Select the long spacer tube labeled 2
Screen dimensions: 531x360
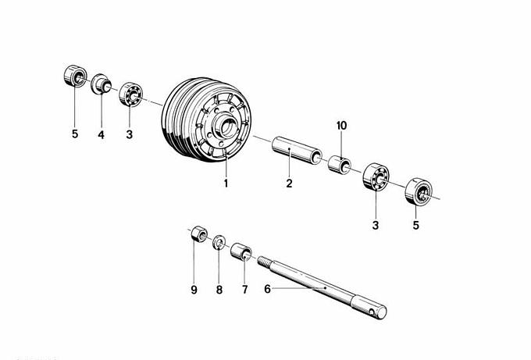pyautogui.click(x=297, y=151)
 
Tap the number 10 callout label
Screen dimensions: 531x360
pyautogui.click(x=342, y=126)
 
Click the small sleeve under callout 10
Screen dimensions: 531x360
pyautogui.click(x=340, y=164)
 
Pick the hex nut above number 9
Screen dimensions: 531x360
pyautogui.click(x=199, y=233)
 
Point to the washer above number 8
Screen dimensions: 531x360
pyautogui.click(x=219, y=241)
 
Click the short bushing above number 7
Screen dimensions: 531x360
pyautogui.click(x=241, y=251)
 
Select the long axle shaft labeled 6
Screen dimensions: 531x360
pyautogui.click(x=322, y=287)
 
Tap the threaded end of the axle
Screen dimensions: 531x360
pyautogui.click(x=264, y=262)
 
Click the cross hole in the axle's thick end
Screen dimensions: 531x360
pyautogui.click(x=372, y=312)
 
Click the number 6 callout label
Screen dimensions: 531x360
pyautogui.click(x=267, y=289)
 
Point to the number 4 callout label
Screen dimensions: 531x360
pyautogui.click(x=101, y=135)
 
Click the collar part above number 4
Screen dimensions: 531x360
pyautogui.click(x=101, y=84)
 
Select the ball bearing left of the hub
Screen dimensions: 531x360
pyautogui.click(x=130, y=94)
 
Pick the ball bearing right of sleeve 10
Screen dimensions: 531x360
pyautogui.click(x=376, y=176)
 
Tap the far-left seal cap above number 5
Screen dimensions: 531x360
pyautogui.click(x=75, y=76)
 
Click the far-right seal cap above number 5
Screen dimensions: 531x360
pyautogui.click(x=419, y=191)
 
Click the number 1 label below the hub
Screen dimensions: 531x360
pyautogui.click(x=226, y=184)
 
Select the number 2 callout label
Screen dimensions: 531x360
pyautogui.click(x=289, y=184)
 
